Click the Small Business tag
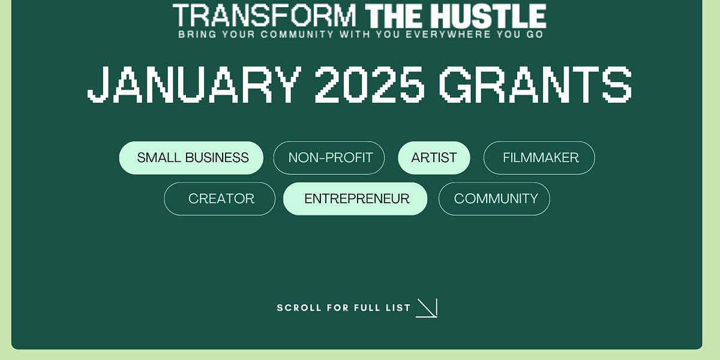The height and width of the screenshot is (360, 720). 191,158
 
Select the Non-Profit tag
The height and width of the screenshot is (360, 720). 329,158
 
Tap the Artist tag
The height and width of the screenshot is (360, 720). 434,158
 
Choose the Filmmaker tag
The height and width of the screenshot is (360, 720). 539,158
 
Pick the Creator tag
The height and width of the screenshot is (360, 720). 220,199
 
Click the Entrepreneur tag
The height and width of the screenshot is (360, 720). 356,199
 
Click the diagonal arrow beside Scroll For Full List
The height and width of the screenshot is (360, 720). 427,308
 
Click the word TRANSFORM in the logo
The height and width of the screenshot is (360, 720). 265,16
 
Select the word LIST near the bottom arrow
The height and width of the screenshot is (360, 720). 398,308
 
